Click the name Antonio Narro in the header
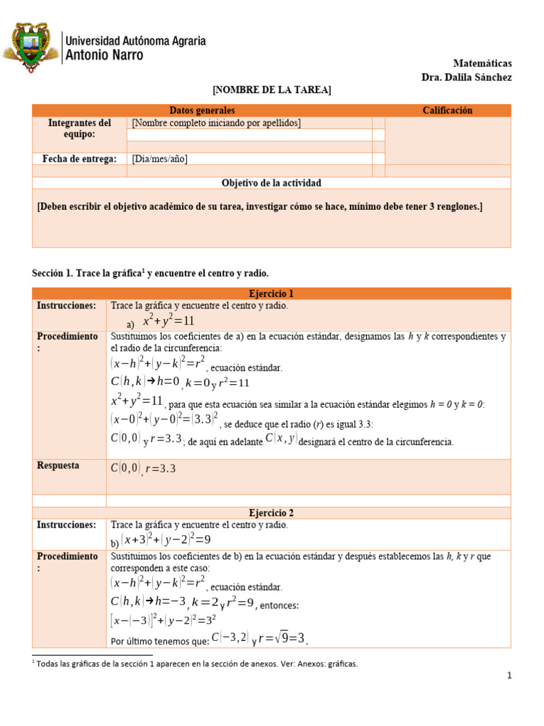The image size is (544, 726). click(x=103, y=55)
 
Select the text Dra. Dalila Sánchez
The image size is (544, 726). click(x=466, y=77)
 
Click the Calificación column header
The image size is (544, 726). click(x=447, y=110)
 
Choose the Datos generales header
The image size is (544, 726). click(x=202, y=110)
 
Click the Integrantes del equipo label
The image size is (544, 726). click(x=79, y=128)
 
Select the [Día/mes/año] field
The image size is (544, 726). click(x=159, y=159)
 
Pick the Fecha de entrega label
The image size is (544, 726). click(x=79, y=159)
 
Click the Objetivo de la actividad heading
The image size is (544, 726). click(x=271, y=183)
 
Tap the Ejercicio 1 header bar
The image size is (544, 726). click(x=271, y=294)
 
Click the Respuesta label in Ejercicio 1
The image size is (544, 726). click(x=58, y=466)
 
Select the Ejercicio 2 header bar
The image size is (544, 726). click(x=271, y=513)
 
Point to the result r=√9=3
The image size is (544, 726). click(x=283, y=639)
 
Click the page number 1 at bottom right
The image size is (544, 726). click(x=509, y=676)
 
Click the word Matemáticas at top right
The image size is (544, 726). click(x=482, y=64)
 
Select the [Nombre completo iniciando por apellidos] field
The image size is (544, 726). click(x=216, y=123)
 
